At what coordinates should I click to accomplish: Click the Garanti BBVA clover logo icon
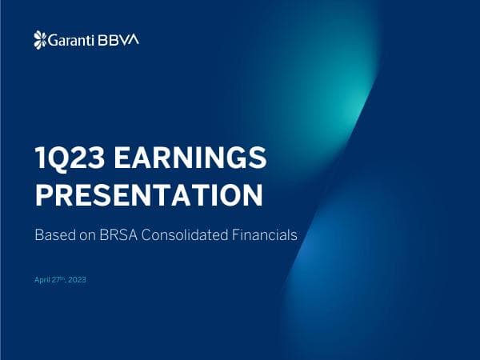[40, 39]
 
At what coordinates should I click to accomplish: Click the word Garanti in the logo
[68, 39]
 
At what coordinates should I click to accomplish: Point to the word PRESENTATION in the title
[148, 194]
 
